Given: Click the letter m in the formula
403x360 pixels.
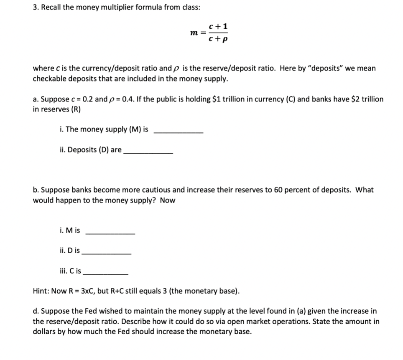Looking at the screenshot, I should pos(193,32).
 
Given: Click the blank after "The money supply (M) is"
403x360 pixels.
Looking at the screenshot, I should pos(179,131).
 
